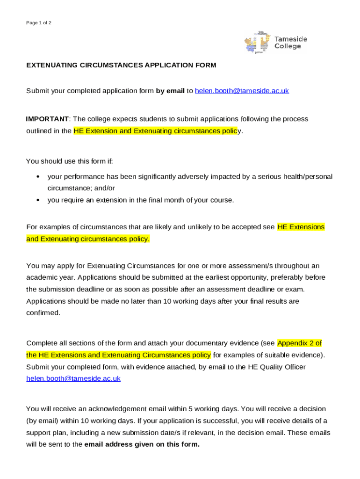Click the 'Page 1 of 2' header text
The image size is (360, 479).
[39, 23]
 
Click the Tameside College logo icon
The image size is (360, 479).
[257, 43]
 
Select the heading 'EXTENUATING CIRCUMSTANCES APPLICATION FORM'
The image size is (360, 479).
[121, 65]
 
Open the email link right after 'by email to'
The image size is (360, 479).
[242, 91]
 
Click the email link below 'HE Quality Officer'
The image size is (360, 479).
[73, 378]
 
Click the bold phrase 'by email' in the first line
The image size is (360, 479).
[170, 91]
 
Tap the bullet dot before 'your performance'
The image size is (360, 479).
[37, 177]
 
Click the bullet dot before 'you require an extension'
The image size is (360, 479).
[37, 200]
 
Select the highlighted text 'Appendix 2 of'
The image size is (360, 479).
[299, 342]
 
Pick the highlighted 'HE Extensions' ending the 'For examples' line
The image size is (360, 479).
[301, 227]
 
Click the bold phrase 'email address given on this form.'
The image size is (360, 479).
[142, 444]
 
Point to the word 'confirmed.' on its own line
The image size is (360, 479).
[43, 313]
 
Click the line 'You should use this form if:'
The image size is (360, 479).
[69, 161]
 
